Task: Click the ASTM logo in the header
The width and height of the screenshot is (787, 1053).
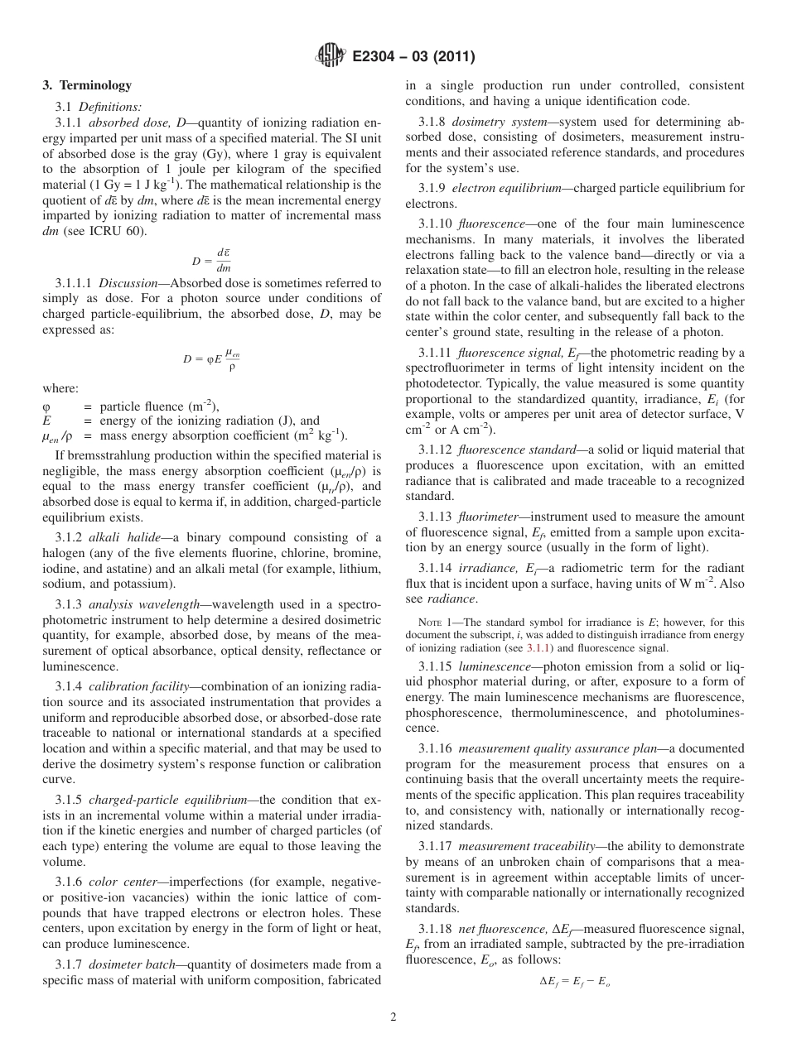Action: click(331, 56)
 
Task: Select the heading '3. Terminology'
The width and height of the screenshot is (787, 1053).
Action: click(87, 85)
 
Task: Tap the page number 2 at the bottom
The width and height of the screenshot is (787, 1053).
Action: click(393, 1017)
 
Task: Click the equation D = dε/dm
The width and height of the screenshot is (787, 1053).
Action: click(211, 261)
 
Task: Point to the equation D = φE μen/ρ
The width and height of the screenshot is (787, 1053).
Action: click(211, 359)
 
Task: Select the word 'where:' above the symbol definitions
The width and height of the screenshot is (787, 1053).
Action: click(60, 389)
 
